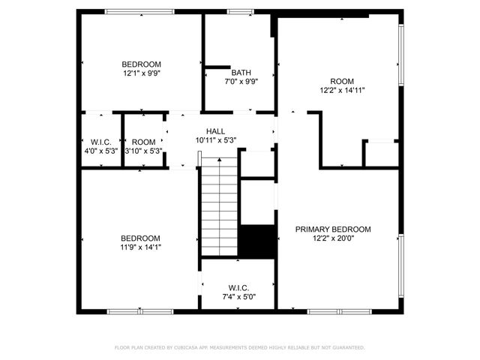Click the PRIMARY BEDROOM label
[332, 229]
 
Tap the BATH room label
[241, 73]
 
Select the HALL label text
[216, 130]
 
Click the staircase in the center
[219, 207]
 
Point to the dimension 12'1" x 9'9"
[142, 73]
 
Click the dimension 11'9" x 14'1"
[142, 247]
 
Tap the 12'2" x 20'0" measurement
[332, 238]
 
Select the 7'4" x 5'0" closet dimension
[238, 297]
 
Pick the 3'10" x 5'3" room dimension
[144, 151]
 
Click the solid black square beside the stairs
[257, 241]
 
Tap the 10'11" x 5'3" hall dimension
[216, 139]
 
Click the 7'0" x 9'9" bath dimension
[241, 82]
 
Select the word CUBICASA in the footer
[187, 347]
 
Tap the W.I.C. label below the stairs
[238, 288]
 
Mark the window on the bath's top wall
[240, 12]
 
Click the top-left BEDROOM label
[142, 64]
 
